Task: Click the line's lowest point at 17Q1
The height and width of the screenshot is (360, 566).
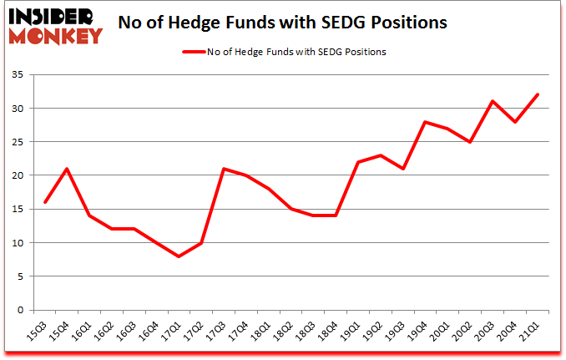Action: (179, 256)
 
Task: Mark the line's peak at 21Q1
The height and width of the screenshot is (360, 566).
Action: (537, 94)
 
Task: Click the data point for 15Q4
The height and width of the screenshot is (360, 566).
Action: (67, 169)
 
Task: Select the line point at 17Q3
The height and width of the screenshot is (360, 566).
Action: (224, 169)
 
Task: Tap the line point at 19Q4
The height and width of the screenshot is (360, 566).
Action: (425, 122)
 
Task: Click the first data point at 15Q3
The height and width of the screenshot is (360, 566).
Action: (44, 202)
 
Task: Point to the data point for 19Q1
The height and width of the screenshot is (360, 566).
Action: (358, 162)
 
